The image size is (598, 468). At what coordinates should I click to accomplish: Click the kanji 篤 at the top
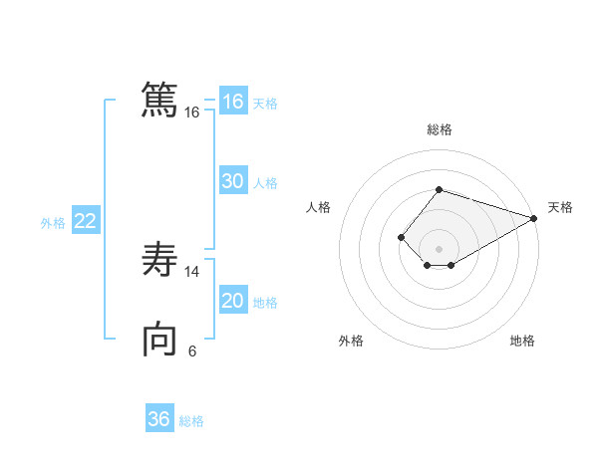tap(159, 101)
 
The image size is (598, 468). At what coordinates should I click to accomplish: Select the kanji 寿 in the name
tap(159, 261)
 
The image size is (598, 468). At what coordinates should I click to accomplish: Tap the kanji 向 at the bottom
tap(159, 340)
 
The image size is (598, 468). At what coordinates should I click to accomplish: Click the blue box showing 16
tap(233, 102)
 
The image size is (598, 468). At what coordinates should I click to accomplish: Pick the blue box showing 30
tap(233, 181)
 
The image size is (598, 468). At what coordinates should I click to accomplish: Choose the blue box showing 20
tap(233, 301)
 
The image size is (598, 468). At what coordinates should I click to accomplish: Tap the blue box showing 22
tap(85, 221)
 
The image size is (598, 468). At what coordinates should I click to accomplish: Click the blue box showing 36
tap(159, 419)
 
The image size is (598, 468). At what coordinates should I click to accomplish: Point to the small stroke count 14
tap(192, 272)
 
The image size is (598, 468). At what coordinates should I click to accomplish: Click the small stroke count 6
tap(192, 351)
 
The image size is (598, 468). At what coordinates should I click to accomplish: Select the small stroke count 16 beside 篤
tap(192, 113)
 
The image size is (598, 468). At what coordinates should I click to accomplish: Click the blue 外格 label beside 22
tap(53, 223)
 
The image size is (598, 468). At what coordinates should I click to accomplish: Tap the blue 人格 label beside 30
tap(265, 183)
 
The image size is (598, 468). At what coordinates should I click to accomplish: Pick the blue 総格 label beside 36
tap(191, 421)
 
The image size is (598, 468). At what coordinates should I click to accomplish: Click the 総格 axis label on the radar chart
tap(439, 129)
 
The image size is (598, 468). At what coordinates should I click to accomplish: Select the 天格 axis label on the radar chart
tap(560, 207)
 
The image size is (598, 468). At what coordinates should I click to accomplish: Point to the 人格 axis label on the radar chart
tap(318, 207)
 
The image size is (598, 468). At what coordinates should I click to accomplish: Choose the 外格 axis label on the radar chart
tap(351, 341)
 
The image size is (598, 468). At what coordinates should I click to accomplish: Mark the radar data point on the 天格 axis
tap(534, 218)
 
